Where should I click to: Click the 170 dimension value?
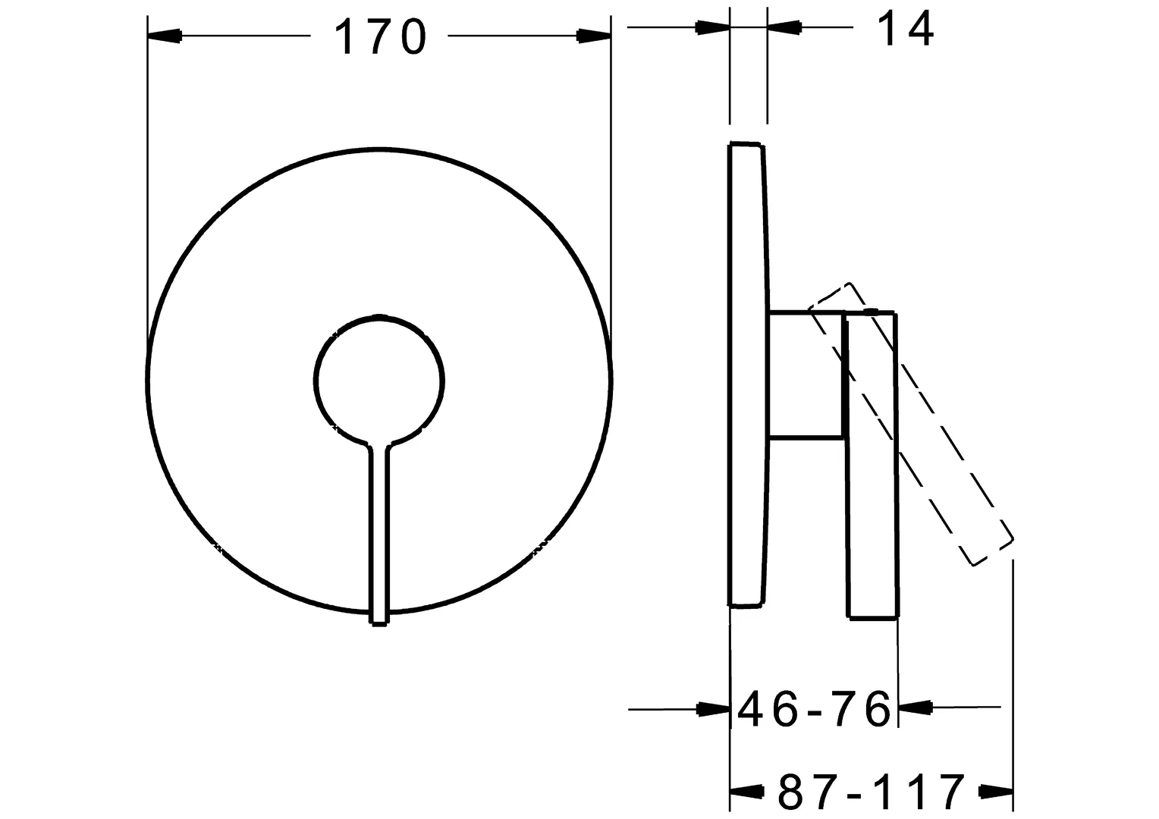[x=380, y=36]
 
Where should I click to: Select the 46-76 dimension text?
[x=813, y=709]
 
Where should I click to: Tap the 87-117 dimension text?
[x=871, y=792]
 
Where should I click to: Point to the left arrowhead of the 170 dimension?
[x=165, y=36]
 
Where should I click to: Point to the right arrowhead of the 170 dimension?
[x=594, y=36]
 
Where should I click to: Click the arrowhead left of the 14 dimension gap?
[x=713, y=28]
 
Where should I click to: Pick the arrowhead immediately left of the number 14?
[x=784, y=28]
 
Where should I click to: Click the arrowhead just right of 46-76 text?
[x=915, y=708]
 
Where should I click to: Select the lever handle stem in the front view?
[x=379, y=531]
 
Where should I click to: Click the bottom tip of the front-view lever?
[x=379, y=622]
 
